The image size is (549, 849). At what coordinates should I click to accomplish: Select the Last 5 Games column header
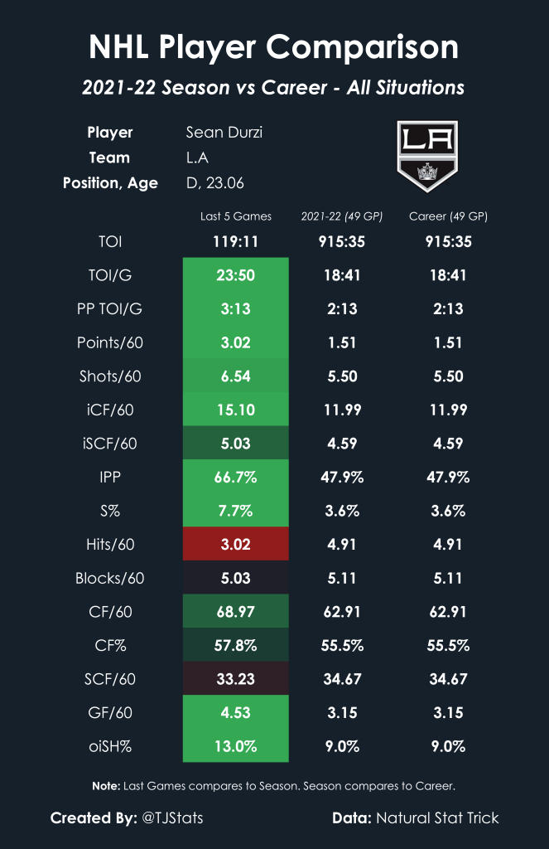click(236, 217)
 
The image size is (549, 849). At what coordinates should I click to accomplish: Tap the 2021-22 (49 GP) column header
click(342, 217)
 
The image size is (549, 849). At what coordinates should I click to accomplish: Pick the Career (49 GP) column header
click(448, 217)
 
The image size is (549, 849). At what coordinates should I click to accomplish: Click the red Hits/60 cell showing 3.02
click(236, 544)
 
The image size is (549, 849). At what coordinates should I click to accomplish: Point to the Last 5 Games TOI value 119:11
click(236, 242)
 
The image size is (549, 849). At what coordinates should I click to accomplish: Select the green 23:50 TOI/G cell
click(236, 275)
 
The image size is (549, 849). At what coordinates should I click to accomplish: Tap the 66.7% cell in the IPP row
click(236, 477)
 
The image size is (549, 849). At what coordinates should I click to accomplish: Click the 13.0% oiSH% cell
click(236, 745)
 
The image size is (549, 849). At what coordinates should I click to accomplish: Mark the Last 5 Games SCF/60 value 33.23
click(236, 678)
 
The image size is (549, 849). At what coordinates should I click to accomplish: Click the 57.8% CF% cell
click(236, 645)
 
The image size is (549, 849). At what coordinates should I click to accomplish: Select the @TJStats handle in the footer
click(172, 818)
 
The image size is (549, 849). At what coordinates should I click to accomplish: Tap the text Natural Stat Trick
click(437, 818)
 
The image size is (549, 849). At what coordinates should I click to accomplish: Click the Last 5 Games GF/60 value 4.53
click(236, 712)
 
